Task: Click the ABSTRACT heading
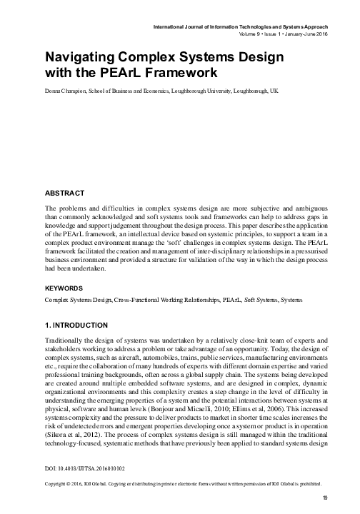64,193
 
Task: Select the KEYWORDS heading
66,288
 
